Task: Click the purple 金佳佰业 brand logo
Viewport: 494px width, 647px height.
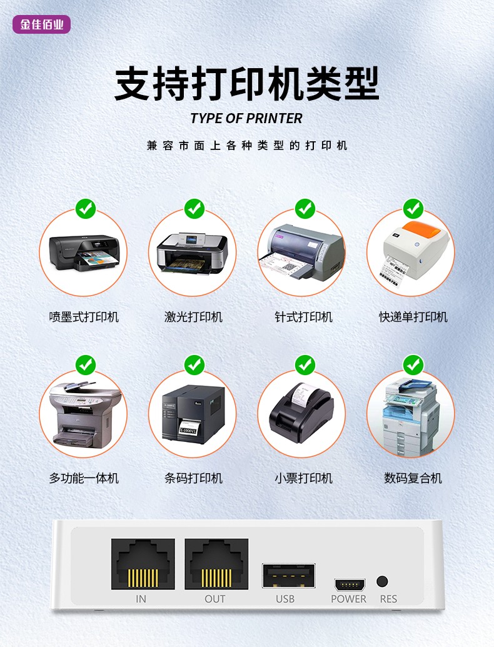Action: [x=42, y=24]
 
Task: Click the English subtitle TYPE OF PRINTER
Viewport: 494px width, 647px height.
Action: [x=246, y=118]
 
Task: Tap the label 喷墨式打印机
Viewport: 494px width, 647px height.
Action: [x=84, y=317]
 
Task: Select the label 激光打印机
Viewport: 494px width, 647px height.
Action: [x=193, y=317]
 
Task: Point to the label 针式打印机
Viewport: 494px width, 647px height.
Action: [x=303, y=317]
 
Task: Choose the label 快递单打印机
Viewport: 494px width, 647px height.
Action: [x=413, y=317]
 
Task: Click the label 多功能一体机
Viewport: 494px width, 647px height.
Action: [x=84, y=478]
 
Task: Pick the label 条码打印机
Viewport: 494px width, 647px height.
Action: [x=193, y=478]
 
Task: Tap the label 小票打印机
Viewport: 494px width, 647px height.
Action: [x=303, y=478]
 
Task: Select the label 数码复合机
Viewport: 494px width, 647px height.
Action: [x=413, y=478]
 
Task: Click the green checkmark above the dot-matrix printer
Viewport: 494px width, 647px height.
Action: [x=305, y=209]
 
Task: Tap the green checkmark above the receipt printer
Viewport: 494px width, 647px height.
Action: [x=305, y=365]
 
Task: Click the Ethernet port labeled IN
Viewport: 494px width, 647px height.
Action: [x=143, y=564]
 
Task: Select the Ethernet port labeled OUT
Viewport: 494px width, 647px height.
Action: [x=216, y=564]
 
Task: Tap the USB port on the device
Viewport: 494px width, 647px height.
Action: [x=288, y=576]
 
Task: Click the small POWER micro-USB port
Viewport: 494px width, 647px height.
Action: [x=350, y=584]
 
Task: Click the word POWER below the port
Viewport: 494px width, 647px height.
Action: [x=348, y=599]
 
